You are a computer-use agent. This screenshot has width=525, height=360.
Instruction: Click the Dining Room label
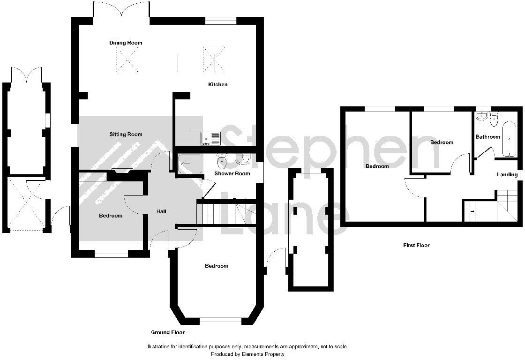[x=126, y=43]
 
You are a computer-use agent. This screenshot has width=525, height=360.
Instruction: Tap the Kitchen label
[x=217, y=84]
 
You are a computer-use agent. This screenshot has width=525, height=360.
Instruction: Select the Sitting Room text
[x=126, y=135]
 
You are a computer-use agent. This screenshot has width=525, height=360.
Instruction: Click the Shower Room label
[x=232, y=173]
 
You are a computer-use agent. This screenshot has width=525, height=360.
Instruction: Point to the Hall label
[x=161, y=212]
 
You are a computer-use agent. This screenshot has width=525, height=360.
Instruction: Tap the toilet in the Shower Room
[x=222, y=162]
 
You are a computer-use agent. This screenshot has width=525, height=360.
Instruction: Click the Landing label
[x=507, y=175]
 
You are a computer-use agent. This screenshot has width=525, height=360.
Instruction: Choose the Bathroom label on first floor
[x=488, y=137]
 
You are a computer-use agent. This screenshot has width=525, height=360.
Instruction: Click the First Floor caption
[x=416, y=245]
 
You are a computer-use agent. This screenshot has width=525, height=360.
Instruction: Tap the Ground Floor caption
[x=167, y=332]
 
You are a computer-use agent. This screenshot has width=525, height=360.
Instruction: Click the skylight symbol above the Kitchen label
[x=214, y=59]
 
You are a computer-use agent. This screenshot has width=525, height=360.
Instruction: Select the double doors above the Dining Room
[x=121, y=9]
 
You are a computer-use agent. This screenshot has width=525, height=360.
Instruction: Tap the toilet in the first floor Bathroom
[x=494, y=121]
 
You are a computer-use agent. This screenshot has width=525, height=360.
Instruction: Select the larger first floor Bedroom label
[x=377, y=166]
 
